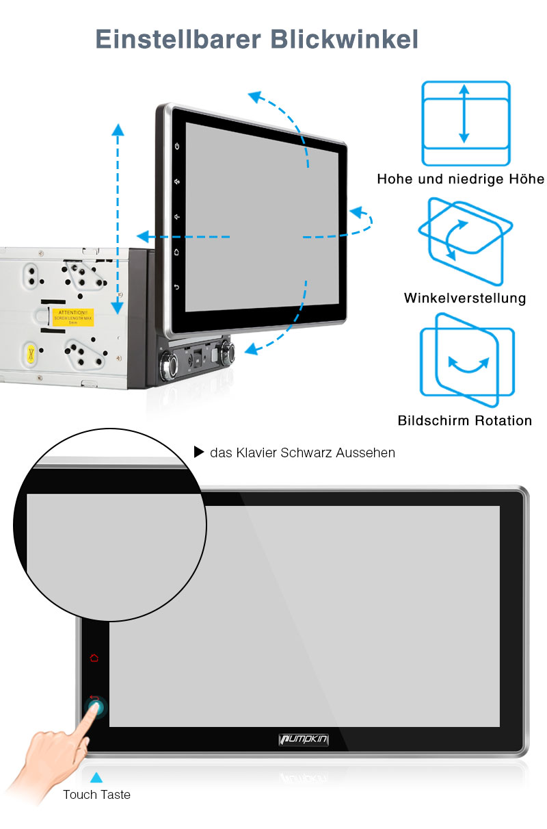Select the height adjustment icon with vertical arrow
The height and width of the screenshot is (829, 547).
pyautogui.click(x=466, y=123)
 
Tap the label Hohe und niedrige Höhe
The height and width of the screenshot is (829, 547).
pyautogui.click(x=460, y=179)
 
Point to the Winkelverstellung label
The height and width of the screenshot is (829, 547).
pyautogui.click(x=465, y=298)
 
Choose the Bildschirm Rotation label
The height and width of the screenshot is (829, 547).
pyautogui.click(x=465, y=420)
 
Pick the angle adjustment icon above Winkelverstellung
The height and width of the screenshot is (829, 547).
pyautogui.click(x=465, y=241)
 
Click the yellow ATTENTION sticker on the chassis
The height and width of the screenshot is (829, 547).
pyautogui.click(x=74, y=318)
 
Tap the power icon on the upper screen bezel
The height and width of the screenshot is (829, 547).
pyautogui.click(x=177, y=146)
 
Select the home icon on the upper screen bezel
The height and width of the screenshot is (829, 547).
pyautogui.click(x=176, y=252)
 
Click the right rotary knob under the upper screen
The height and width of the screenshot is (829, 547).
pyautogui.click(x=226, y=352)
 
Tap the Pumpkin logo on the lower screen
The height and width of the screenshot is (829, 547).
pyautogui.click(x=305, y=739)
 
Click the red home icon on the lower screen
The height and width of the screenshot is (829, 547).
pyautogui.click(x=94, y=658)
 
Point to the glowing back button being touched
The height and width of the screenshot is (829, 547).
pyautogui.click(x=96, y=706)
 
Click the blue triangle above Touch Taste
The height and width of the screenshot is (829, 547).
pyautogui.click(x=96, y=778)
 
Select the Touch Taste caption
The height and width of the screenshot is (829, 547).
pyautogui.click(x=96, y=795)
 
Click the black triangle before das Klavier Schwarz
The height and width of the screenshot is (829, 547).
pyautogui.click(x=199, y=452)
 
